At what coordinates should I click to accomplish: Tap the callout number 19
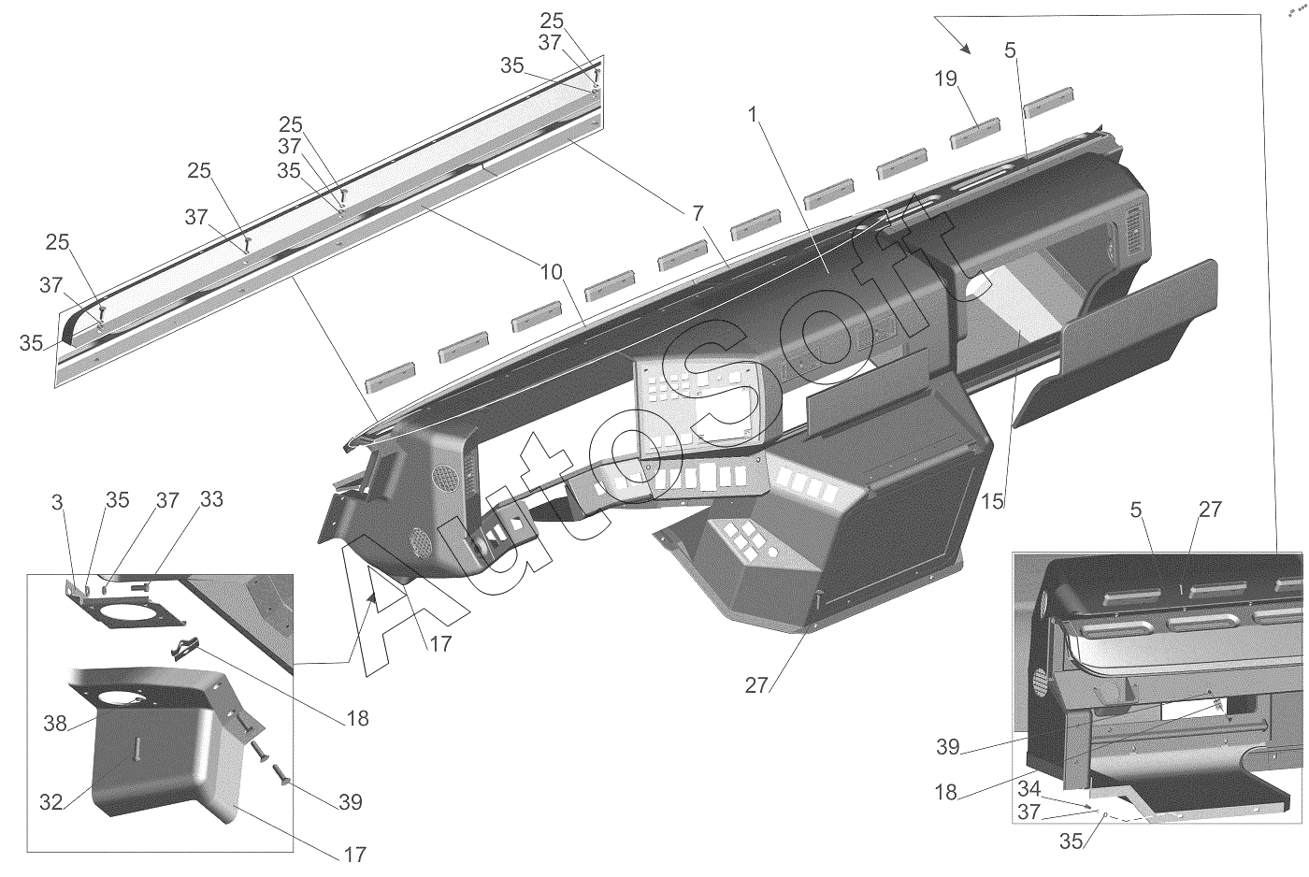945,79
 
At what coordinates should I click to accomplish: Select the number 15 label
992,501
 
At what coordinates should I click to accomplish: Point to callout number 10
551,272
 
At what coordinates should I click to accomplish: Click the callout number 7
698,213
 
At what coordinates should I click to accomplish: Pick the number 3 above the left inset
57,502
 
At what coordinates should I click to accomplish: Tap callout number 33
211,499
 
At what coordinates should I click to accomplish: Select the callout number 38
55,724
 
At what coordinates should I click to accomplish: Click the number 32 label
50,802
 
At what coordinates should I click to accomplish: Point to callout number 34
1029,789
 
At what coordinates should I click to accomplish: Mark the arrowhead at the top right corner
965,49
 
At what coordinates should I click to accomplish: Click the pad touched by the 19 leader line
974,133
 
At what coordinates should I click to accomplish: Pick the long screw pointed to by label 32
137,749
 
